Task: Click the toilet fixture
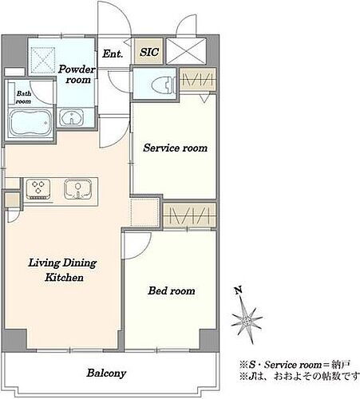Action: tap(163, 85)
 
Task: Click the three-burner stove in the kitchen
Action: tap(38, 189)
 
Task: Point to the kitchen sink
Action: tap(77, 189)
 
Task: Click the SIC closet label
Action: tap(149, 52)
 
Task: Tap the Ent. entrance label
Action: tap(113, 53)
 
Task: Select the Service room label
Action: tap(175, 148)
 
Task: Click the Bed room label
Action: tap(172, 290)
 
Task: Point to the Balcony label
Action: tap(106, 373)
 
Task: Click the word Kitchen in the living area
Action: tap(64, 277)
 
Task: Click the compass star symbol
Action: tap(247, 319)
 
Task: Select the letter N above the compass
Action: tap(239, 290)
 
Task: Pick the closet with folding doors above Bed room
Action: tap(189, 215)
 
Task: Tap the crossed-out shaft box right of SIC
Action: tap(186, 51)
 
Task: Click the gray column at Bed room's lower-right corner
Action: tap(209, 339)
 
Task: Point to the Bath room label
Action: tap(24, 97)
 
